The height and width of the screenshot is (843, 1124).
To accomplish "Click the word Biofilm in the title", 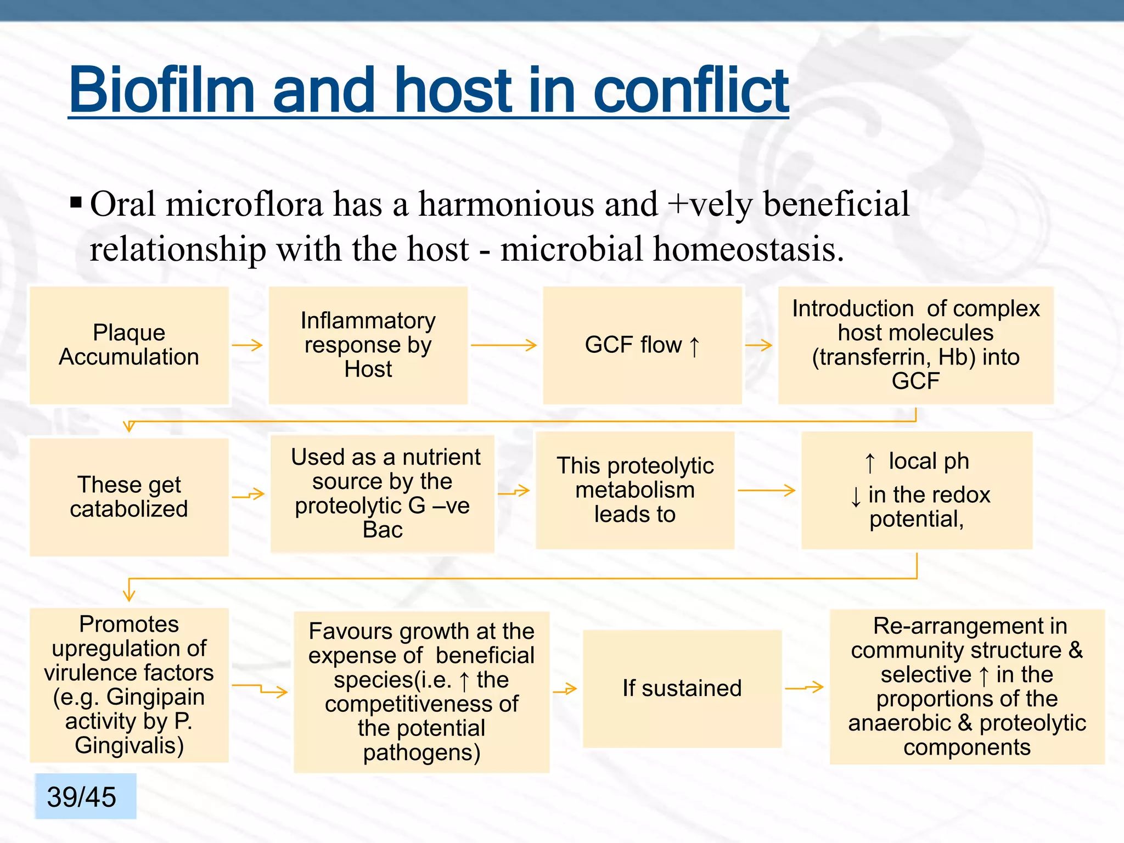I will pyautogui.click(x=161, y=89).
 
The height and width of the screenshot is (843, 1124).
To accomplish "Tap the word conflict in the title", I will pyautogui.click(x=690, y=89).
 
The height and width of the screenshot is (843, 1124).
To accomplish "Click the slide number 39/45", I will pyautogui.click(x=82, y=797).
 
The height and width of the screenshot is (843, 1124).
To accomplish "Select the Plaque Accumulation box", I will pyautogui.click(x=129, y=345).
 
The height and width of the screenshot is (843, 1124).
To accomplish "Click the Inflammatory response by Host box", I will pyautogui.click(x=368, y=345).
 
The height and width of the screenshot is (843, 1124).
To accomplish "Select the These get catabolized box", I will pyautogui.click(x=129, y=497).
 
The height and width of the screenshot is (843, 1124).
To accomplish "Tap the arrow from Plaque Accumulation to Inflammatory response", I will pyautogui.click(x=248, y=345).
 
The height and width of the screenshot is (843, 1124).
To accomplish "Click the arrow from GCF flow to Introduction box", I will pyautogui.click(x=759, y=345).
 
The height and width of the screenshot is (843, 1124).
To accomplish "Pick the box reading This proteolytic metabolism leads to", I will pyautogui.click(x=635, y=490).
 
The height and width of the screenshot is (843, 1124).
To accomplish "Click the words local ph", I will pyautogui.click(x=929, y=461).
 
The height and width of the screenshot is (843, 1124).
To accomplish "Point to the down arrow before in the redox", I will pyautogui.click(x=856, y=497).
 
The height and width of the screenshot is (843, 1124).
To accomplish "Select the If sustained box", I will pyautogui.click(x=682, y=688).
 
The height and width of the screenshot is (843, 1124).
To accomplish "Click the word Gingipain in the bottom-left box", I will pyautogui.click(x=155, y=697).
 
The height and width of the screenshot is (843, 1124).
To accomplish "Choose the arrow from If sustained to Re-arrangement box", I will pyautogui.click(x=805, y=687).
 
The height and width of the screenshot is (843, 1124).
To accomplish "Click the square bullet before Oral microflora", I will pyautogui.click(x=76, y=204).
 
